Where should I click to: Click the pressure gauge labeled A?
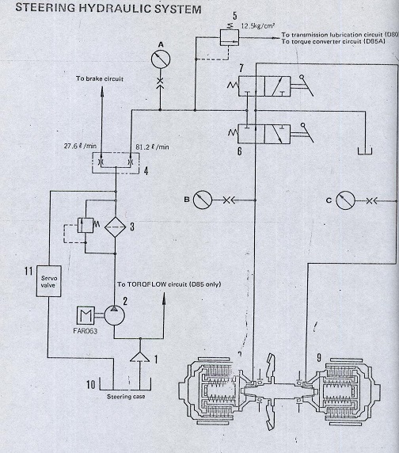tap(161, 59)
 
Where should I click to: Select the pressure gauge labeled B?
tap(203, 200)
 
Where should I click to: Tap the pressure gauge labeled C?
tap(346, 200)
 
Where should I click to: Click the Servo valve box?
tap(48, 281)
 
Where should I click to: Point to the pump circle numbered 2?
tap(114, 315)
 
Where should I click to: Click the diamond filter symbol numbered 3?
tap(115, 227)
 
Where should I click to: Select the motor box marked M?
tap(85, 315)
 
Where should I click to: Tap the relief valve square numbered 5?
tap(230, 37)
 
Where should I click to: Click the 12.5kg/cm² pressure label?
tap(258, 25)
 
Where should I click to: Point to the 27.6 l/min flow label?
tap(80, 146)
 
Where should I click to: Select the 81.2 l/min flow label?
tap(152, 147)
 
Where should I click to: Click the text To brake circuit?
tap(100, 78)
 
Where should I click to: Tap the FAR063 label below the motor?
tap(85, 331)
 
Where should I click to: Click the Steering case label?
tap(126, 397)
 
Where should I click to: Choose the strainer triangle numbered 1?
tap(140, 357)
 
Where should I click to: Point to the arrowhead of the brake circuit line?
tap(101, 89)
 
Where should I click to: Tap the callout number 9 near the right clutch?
tap(319, 358)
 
